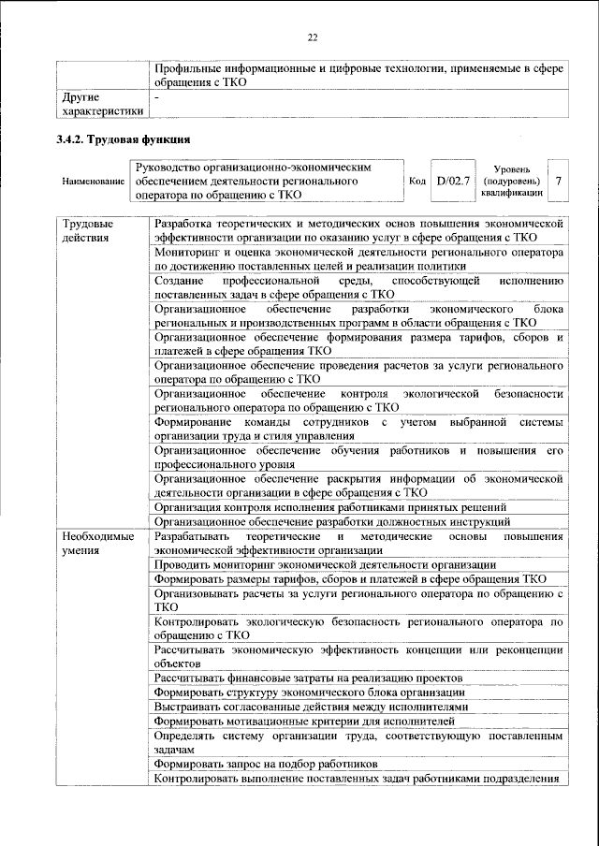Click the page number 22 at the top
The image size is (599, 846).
313,37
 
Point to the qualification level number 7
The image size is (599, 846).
559,181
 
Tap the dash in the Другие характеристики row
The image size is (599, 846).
157,96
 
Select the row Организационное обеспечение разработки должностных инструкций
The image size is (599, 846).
332,521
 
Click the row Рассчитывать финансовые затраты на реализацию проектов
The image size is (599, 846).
309,677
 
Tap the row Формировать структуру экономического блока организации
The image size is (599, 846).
311,692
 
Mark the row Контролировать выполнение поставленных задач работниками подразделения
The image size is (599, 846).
357,779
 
